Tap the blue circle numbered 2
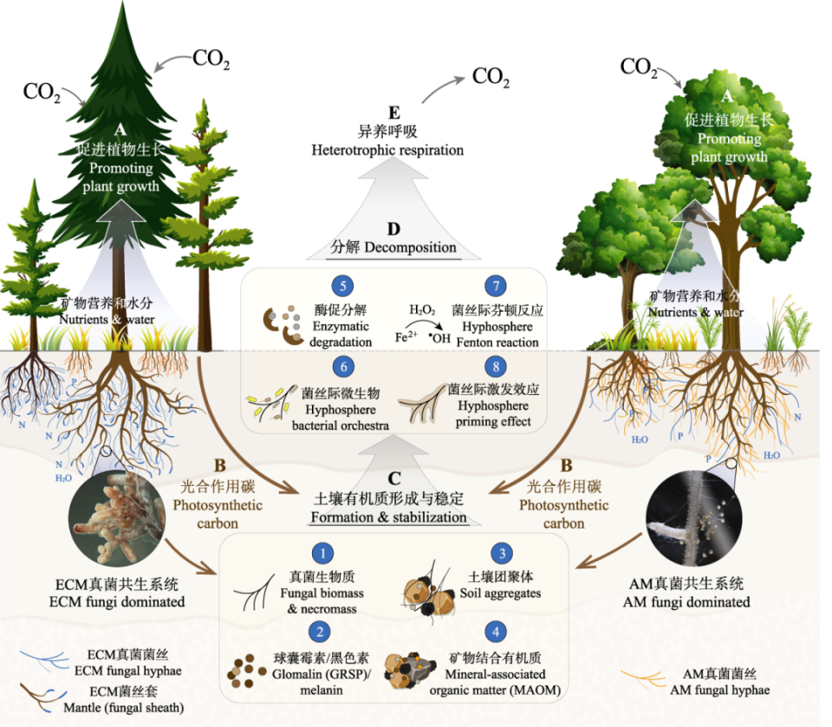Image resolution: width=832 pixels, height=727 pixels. [x=322, y=630]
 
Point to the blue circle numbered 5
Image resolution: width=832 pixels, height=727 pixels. [x=343, y=286]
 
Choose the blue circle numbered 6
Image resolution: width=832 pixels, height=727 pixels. [x=343, y=367]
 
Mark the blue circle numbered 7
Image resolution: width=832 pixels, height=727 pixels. [x=496, y=286]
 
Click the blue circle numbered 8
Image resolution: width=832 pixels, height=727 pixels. [x=496, y=367]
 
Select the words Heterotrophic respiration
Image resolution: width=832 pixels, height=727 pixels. [x=387, y=151]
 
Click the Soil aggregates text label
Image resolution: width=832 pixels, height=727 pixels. [x=504, y=594]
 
